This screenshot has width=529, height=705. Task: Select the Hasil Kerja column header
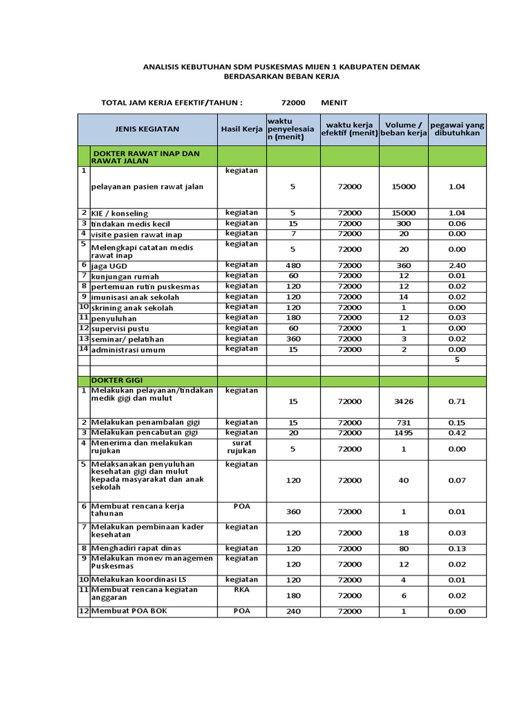[242, 129]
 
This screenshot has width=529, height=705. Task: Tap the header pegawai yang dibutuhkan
[457, 129]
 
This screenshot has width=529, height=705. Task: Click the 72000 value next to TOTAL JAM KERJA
[293, 102]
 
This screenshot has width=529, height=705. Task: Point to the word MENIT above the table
[335, 102]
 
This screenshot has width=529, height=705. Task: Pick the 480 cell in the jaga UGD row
[293, 265]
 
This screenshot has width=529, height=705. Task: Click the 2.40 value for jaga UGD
[457, 265]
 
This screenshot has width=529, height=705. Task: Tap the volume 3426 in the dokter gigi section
[404, 401]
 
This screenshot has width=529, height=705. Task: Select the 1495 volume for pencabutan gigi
[404, 432]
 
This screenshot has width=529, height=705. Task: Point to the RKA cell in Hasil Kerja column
[242, 590]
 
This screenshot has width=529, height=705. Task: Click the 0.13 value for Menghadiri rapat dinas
[457, 549]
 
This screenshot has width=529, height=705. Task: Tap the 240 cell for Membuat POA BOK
[293, 611]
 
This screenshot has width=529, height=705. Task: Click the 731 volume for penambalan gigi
[404, 422]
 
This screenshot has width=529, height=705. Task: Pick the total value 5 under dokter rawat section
[457, 359]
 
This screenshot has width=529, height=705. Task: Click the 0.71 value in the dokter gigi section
[457, 401]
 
